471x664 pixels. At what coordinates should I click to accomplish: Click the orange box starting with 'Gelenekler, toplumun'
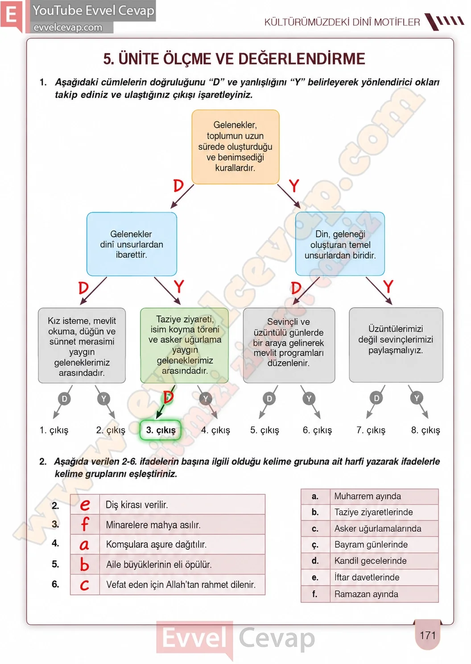point(235,147)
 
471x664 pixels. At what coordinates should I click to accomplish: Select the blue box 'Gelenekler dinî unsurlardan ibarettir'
point(132,244)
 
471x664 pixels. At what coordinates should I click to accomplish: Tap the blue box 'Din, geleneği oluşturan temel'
point(340,244)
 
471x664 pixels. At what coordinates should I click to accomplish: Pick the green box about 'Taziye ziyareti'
point(184,345)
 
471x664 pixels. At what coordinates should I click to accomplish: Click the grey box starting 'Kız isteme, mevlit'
point(82,345)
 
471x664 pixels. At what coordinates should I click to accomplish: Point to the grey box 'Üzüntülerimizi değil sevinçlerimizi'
point(396,345)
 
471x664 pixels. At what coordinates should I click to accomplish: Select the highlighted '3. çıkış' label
point(161,430)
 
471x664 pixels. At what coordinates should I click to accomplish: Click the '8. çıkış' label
point(426,430)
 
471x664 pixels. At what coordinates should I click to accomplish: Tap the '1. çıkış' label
point(54,430)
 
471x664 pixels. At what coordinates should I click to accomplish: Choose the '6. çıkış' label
point(317,430)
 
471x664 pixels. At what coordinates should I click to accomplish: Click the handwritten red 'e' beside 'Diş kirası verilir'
point(85,504)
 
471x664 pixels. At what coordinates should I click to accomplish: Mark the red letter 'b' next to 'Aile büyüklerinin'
point(84,564)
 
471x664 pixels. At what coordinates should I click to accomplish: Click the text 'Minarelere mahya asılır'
point(153,525)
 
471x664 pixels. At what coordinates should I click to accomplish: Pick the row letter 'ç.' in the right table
point(315,545)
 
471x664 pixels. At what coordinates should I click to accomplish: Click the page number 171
point(428,635)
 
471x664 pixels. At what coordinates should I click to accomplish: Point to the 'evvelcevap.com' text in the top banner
point(68,27)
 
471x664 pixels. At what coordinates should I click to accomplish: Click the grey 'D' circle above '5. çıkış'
point(269,398)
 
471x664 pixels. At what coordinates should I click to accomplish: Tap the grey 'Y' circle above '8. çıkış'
point(417,398)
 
